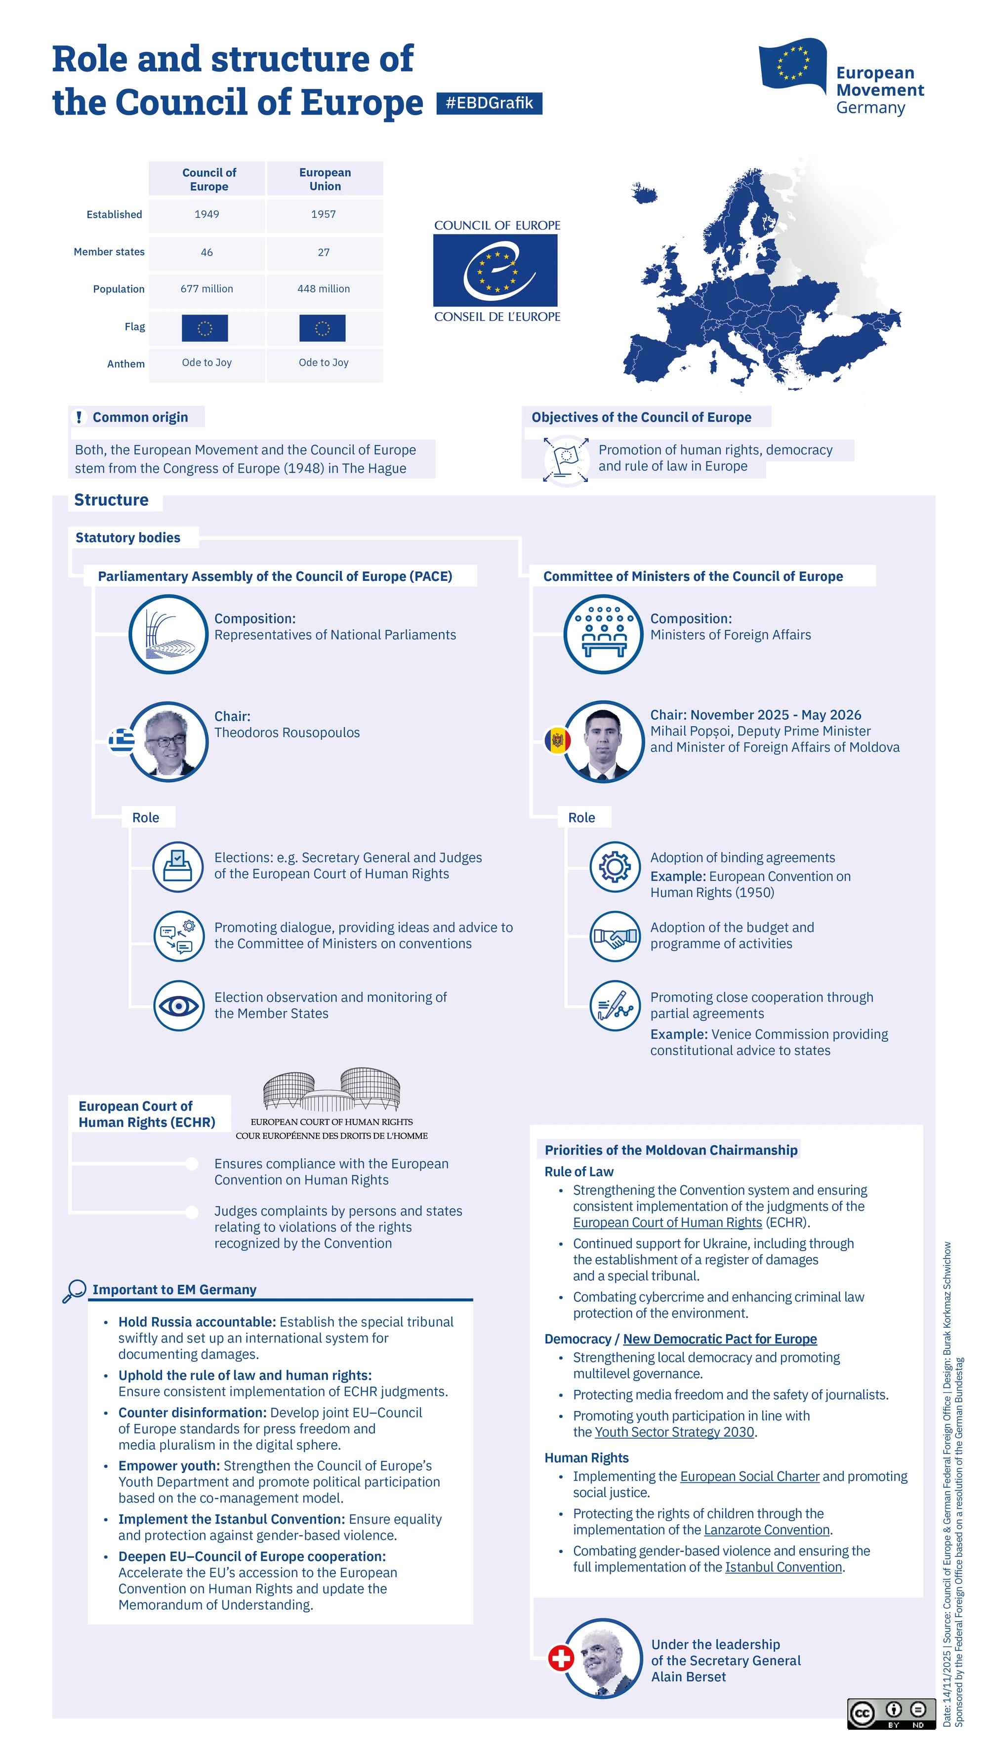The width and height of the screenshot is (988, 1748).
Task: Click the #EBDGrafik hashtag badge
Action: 489,103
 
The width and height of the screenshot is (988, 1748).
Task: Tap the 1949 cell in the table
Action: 207,214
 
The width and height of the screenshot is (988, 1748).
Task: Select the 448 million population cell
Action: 324,289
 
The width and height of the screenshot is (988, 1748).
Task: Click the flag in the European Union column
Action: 322,328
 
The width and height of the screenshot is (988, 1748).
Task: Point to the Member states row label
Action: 109,252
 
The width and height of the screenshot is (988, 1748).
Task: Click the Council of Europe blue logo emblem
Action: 495,271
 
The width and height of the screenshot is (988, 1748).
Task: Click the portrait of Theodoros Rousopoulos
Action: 168,742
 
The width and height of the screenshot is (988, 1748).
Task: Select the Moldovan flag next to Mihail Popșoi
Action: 558,739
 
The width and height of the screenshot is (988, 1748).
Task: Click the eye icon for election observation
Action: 178,1006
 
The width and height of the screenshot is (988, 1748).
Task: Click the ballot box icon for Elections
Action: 178,866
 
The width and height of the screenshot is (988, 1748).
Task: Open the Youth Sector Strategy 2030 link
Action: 674,1432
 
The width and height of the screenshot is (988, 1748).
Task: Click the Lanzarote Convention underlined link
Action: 767,1530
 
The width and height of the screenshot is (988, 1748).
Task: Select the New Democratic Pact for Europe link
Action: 720,1339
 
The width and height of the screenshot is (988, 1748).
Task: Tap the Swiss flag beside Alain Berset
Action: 561,1659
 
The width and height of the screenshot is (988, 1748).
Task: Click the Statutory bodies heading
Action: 128,537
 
